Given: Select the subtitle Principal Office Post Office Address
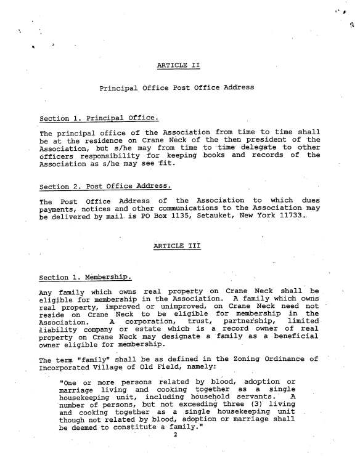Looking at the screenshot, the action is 176,88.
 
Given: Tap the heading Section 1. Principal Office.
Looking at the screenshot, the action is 99,118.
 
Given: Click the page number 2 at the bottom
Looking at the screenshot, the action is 176,453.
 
